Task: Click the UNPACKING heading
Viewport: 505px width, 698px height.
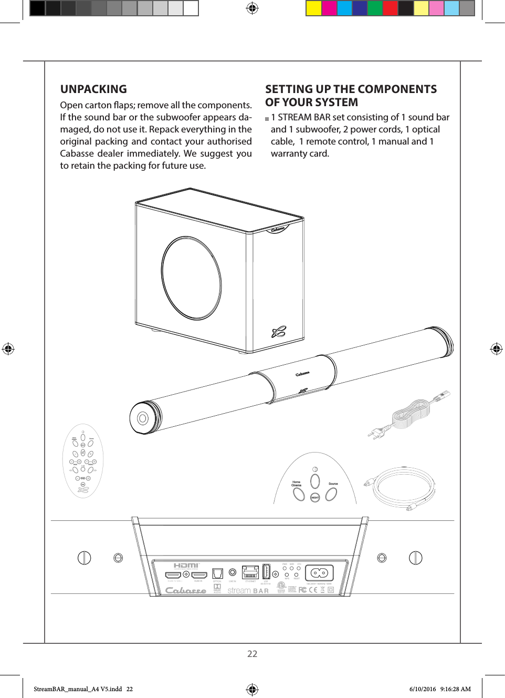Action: tap(93, 89)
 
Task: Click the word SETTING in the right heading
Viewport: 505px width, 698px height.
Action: tap(288, 89)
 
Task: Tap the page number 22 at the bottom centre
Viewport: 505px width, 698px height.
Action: tap(252, 653)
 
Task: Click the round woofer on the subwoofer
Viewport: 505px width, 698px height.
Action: tap(192, 278)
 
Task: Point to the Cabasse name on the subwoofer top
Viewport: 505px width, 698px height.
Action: tap(278, 229)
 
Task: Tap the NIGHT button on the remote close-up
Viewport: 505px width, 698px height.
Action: tap(315, 497)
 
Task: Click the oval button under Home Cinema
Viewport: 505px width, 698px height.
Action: tap(299, 494)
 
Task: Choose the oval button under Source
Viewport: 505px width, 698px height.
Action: tap(331, 494)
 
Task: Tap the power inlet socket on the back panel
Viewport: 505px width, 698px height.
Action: tap(319, 572)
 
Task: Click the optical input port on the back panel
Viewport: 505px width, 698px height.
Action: tap(217, 573)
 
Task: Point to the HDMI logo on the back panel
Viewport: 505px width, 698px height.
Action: tap(186, 566)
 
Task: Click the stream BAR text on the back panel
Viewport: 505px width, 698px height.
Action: tap(248, 591)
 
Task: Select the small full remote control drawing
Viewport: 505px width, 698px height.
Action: tap(83, 461)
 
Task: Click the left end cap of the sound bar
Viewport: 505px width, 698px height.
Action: tap(142, 418)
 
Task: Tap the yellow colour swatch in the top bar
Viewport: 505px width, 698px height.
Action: tap(313, 8)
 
